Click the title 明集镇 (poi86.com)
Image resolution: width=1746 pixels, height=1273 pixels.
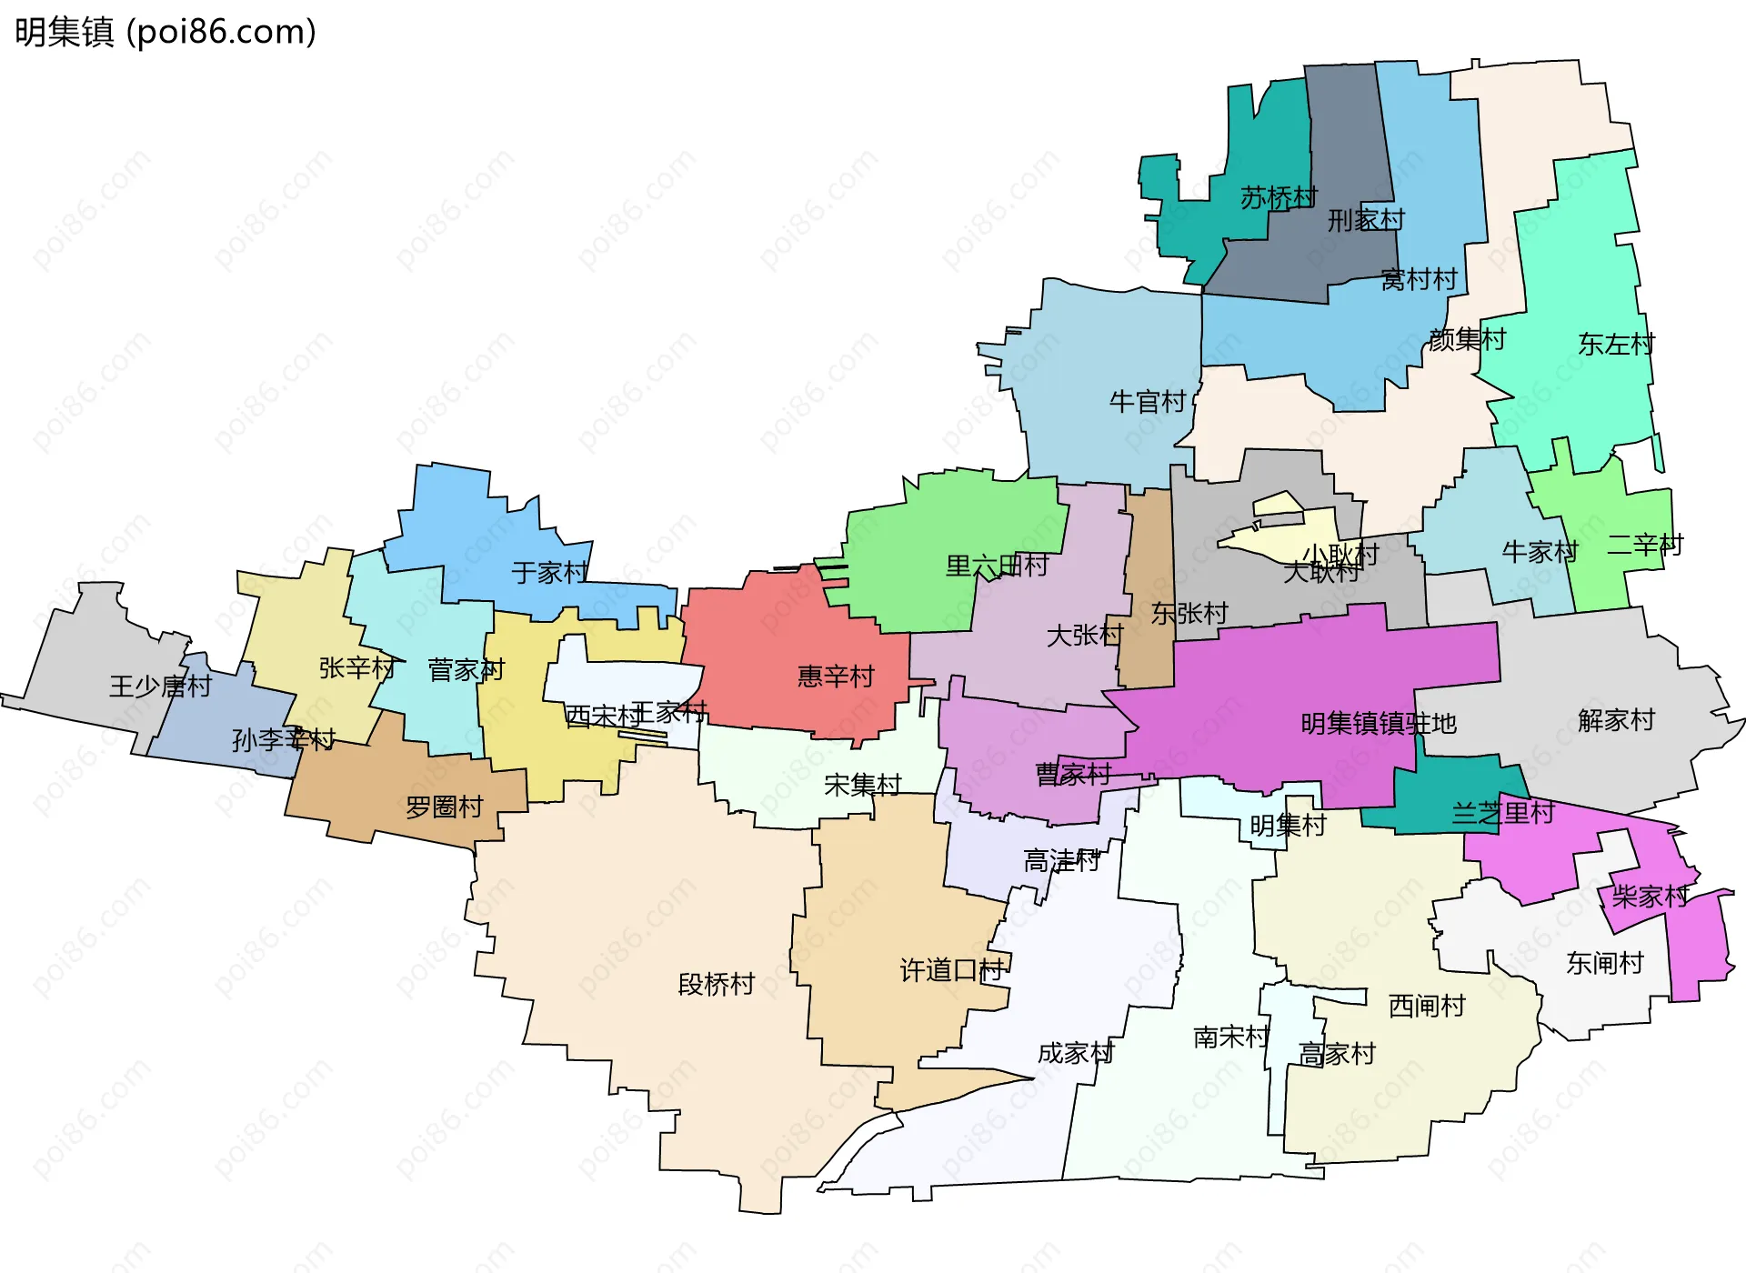coord(166,32)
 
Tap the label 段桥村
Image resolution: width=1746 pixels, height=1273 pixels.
coord(717,984)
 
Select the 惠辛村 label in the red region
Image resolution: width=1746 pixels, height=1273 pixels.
coord(836,676)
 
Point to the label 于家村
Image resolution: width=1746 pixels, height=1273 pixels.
coord(550,572)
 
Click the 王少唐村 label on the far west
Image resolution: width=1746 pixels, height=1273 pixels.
coord(160,686)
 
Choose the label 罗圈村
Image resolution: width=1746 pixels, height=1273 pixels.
coord(444,807)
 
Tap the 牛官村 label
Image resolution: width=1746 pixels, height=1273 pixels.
coord(1148,401)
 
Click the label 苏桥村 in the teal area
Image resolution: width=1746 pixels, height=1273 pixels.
coord(1279,197)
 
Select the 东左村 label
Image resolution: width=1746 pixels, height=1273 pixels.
coord(1616,344)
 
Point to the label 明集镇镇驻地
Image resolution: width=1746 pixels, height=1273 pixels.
coord(1379,723)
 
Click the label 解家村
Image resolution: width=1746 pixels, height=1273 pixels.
coord(1616,720)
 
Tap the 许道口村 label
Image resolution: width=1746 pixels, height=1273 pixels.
coord(952,970)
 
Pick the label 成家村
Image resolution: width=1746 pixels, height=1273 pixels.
coord(1076,1053)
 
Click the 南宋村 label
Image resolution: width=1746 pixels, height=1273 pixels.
coord(1231,1037)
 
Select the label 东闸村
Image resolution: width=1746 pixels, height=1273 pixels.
coord(1605,963)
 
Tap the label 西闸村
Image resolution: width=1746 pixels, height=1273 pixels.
coord(1427,1006)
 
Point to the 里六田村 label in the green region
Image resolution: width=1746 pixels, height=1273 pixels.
coord(997,566)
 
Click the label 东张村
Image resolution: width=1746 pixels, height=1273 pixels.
coord(1189,613)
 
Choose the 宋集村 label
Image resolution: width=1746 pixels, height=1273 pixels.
coord(862,784)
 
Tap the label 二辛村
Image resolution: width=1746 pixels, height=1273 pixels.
coord(1645,545)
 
